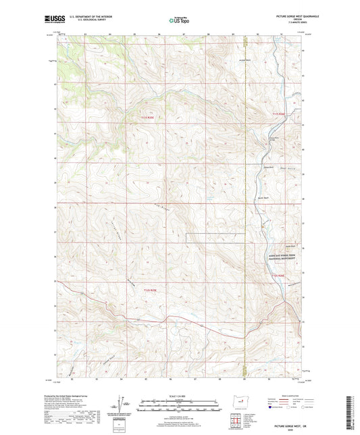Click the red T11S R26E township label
point(280,115)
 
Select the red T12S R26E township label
point(280,275)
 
